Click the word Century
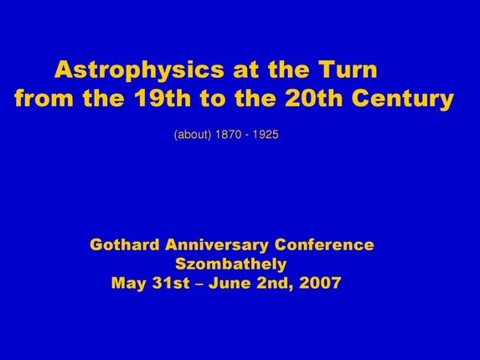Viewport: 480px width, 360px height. (x=403, y=100)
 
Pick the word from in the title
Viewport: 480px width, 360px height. (x=44, y=100)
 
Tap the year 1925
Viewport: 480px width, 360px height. (x=265, y=135)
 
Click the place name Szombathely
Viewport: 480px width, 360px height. (x=231, y=265)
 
